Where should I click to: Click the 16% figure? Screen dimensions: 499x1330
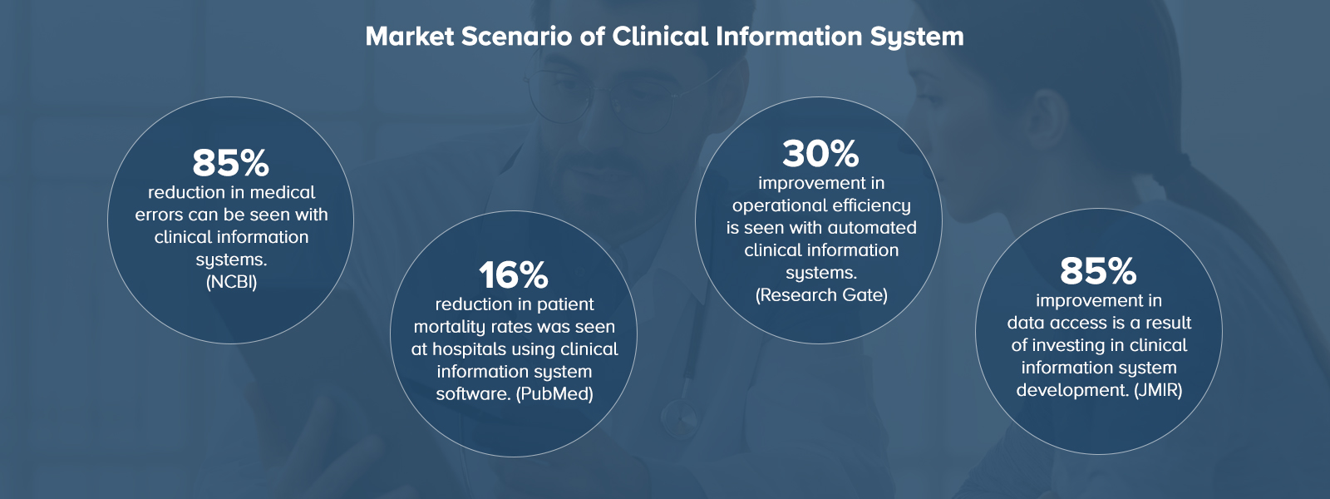[514, 275]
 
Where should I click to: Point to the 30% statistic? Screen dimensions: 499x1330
[820, 154]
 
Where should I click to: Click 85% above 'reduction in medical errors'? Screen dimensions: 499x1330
[230, 163]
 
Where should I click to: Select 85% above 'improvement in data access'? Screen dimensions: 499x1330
[1098, 271]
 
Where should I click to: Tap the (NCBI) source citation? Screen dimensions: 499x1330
[231, 282]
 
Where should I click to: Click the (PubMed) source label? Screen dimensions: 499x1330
[554, 393]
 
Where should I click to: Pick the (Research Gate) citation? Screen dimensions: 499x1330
[821, 295]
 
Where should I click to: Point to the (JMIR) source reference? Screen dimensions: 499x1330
[1158, 390]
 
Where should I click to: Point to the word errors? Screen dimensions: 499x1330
[159, 215]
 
